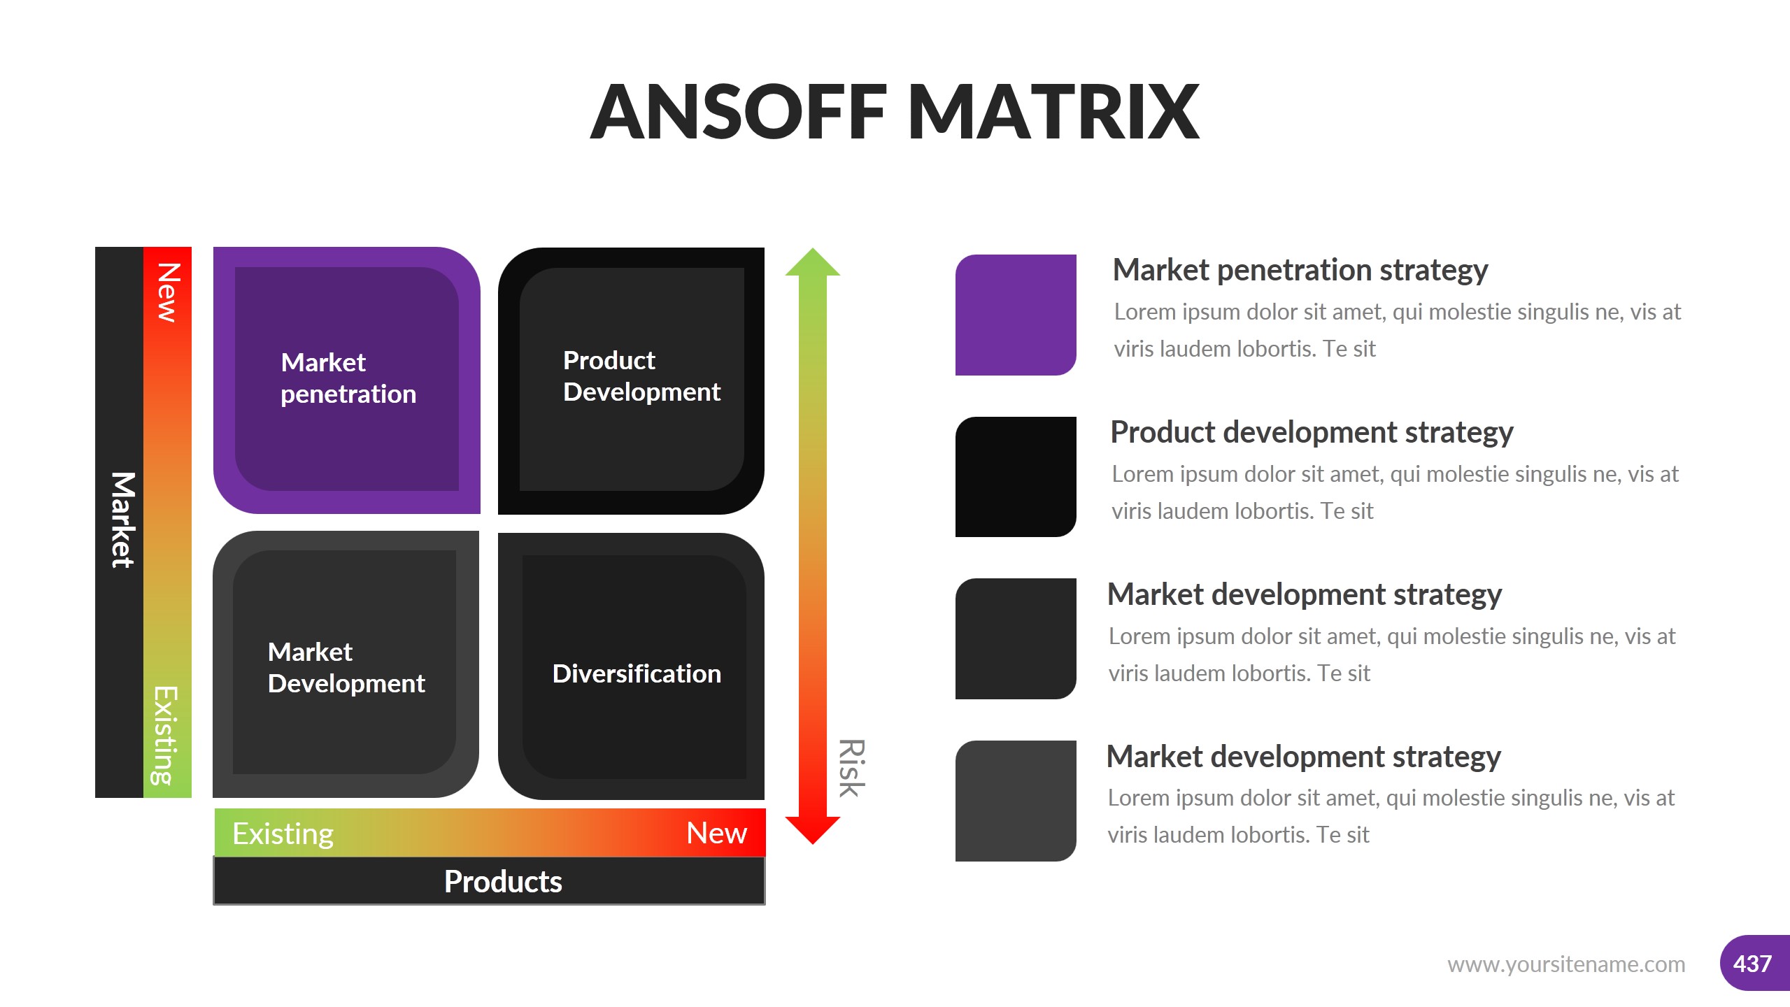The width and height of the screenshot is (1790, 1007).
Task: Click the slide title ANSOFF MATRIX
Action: tap(895, 112)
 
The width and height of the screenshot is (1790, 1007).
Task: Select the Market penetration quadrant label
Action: tap(348, 378)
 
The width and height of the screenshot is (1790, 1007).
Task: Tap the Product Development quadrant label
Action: tap(641, 376)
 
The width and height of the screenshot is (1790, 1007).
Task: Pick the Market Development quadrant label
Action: tap(346, 668)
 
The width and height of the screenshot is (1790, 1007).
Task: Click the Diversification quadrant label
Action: tap(637, 673)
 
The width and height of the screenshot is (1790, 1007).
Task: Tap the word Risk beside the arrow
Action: tap(852, 768)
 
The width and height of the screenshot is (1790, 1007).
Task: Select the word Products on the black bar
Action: tap(503, 881)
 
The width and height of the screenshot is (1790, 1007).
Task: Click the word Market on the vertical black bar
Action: tap(122, 520)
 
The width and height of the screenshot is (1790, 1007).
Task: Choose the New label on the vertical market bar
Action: tap(168, 292)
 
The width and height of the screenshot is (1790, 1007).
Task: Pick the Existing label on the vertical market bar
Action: tap(166, 736)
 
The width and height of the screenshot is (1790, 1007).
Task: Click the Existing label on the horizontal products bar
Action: tap(283, 834)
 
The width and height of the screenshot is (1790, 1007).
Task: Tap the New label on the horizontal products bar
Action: tap(717, 833)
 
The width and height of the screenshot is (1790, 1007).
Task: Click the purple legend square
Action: tap(1016, 315)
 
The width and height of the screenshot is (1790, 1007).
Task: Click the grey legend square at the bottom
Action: tap(1016, 801)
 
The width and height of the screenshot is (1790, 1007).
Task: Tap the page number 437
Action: tap(1752, 964)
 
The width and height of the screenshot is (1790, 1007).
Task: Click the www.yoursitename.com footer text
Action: tap(1566, 964)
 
